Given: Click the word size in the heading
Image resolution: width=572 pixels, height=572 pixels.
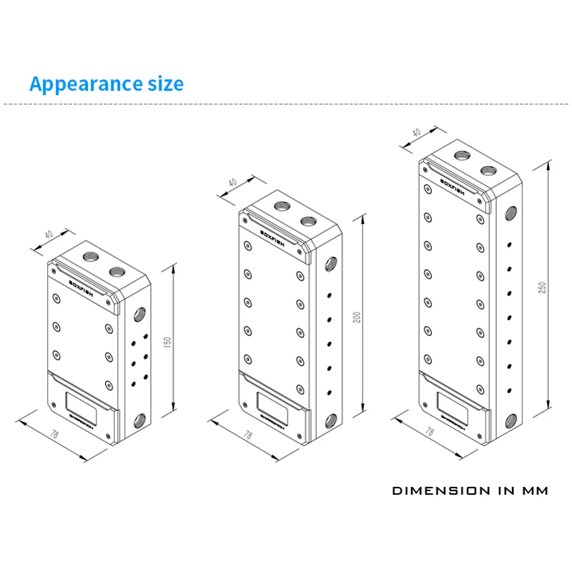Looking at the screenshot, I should pyautogui.click(x=159, y=84).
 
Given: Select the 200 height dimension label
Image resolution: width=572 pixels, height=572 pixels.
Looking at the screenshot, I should pyautogui.click(x=357, y=317).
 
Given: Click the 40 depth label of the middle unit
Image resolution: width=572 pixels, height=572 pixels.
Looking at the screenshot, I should pyautogui.click(x=232, y=182).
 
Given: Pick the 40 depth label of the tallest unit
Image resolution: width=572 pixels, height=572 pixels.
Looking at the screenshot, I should pyautogui.click(x=416, y=133).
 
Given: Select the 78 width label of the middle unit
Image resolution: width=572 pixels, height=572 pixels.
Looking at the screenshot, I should pyautogui.click(x=247, y=434).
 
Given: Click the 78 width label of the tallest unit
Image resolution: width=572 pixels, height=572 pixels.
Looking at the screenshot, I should pyautogui.click(x=430, y=432).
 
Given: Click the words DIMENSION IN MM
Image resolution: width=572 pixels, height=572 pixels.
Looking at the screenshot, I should pyautogui.click(x=470, y=491).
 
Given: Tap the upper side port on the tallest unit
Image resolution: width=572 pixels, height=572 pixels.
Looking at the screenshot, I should pyautogui.click(x=511, y=213).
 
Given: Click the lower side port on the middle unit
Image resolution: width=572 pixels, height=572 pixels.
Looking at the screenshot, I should pyautogui.click(x=330, y=420).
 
